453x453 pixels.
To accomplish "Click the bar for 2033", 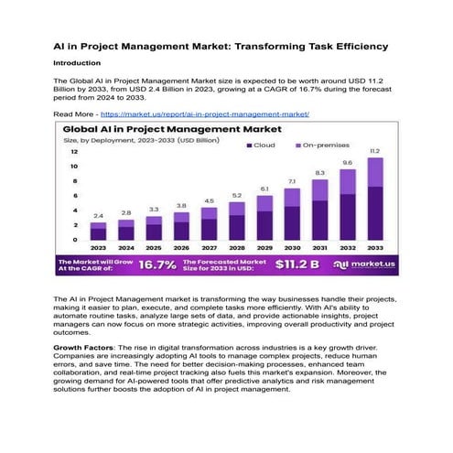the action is click(x=374, y=200).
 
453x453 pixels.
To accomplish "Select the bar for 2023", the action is click(x=98, y=232).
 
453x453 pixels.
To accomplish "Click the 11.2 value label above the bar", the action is click(x=374, y=151).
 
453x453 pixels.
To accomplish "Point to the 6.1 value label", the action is click(x=264, y=189).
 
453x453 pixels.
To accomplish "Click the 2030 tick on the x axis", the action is click(x=292, y=247).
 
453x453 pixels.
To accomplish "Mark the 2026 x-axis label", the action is click(x=181, y=247).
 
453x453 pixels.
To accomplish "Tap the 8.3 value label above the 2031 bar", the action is click(x=319, y=172).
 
